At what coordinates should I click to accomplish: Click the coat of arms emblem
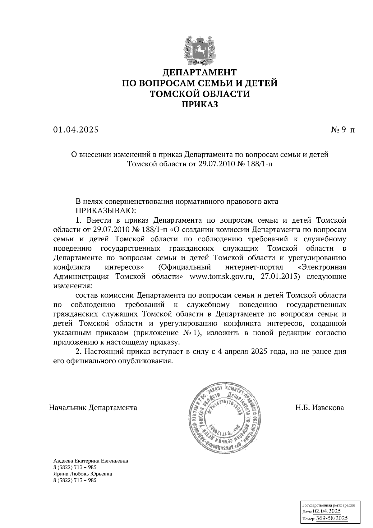pyautogui.click(x=200, y=49)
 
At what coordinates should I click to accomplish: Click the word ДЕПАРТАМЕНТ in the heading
pyautogui.click(x=200, y=72)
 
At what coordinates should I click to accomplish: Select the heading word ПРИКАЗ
pyautogui.click(x=200, y=105)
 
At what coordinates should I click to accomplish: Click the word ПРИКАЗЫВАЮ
pyautogui.click(x=106, y=211)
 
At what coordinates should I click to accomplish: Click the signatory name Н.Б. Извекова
pyautogui.click(x=320, y=407)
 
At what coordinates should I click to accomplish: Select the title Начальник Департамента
pyautogui.click(x=93, y=407)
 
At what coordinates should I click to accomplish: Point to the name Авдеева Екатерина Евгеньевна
pyautogui.click(x=91, y=461)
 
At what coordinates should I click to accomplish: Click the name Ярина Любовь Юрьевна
pyautogui.click(x=83, y=474)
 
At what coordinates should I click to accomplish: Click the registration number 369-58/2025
pyautogui.click(x=332, y=518)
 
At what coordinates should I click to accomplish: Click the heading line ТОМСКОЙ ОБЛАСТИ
pyautogui.click(x=200, y=94)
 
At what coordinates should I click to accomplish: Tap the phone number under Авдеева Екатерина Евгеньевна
pyautogui.click(x=75, y=467)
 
